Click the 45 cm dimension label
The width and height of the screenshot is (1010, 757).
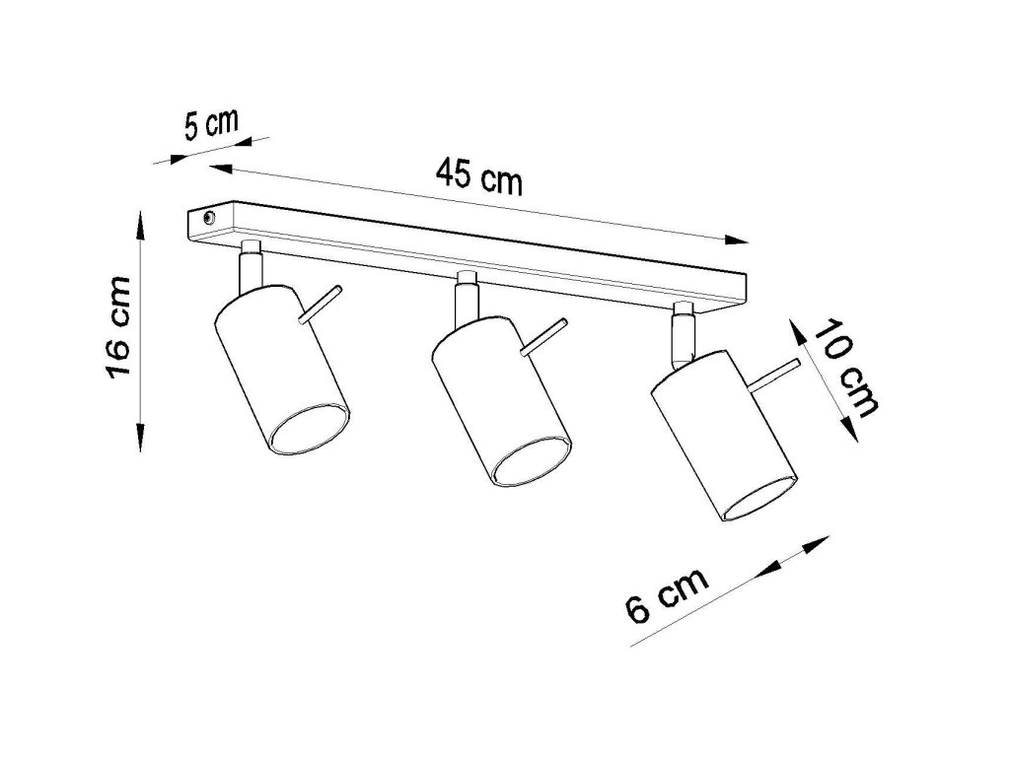click(479, 177)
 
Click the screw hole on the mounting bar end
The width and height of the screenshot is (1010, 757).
click(206, 218)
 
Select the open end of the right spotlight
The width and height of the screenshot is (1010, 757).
click(757, 499)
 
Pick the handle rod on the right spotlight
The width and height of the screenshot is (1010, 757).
click(773, 377)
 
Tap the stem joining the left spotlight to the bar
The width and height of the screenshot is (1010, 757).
click(251, 266)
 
